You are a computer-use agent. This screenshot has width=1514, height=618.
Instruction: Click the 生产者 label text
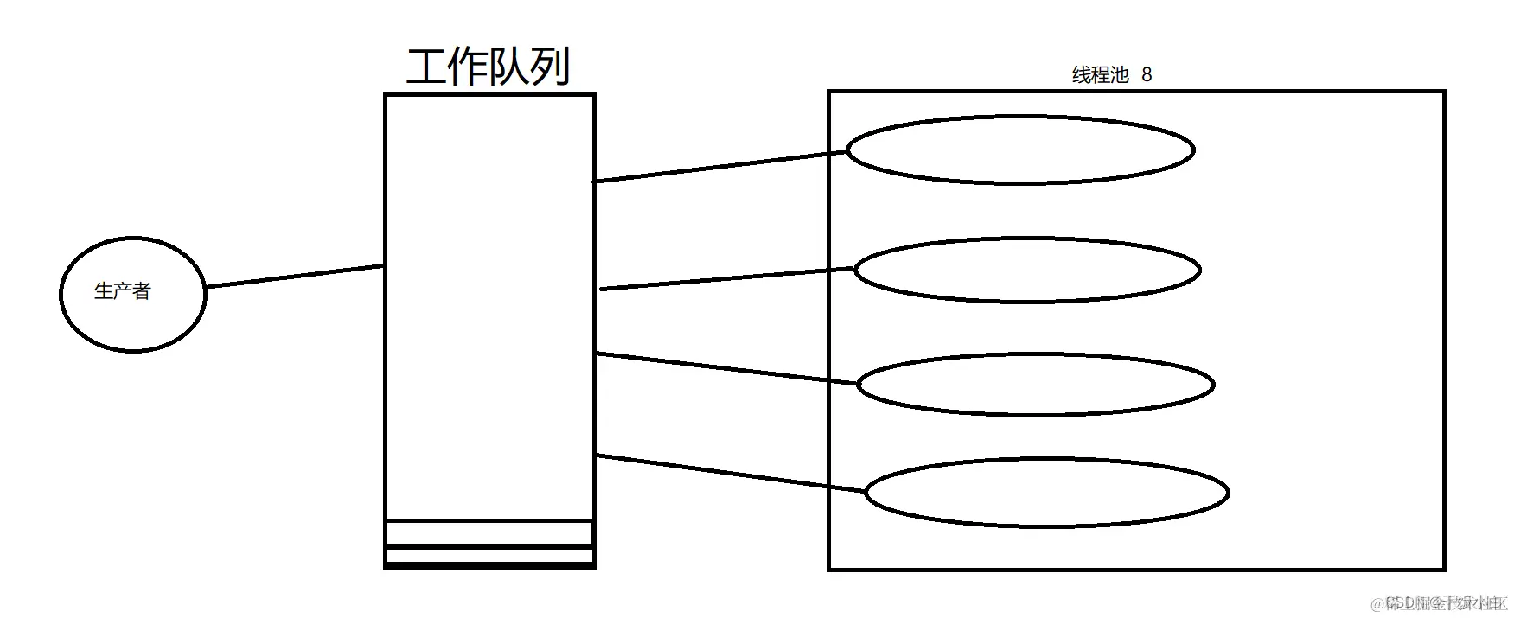tap(122, 291)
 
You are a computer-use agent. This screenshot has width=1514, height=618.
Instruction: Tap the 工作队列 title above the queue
tap(489, 67)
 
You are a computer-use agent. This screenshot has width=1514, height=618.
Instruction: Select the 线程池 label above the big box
tap(1101, 75)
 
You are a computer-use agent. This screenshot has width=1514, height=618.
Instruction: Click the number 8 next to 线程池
tap(1147, 75)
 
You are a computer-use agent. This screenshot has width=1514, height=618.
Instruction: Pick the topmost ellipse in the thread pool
tap(1020, 150)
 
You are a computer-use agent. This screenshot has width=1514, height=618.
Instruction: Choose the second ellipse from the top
tap(1027, 270)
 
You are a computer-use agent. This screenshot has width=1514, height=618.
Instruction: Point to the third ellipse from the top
tap(1036, 384)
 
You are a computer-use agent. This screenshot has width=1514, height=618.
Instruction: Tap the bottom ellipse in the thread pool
tap(1046, 492)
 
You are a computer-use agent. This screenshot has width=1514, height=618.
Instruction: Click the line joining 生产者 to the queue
tap(294, 277)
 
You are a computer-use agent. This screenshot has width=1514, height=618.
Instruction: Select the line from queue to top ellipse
tap(720, 167)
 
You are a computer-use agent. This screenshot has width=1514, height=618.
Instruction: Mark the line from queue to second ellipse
tap(726, 279)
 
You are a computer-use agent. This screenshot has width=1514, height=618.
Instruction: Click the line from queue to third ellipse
tap(726, 368)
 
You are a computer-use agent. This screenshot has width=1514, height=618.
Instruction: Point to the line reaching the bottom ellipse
tap(731, 474)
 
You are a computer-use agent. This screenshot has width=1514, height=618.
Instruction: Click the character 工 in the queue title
tap(426, 67)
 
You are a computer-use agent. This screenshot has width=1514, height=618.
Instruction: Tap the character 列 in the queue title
tap(550, 67)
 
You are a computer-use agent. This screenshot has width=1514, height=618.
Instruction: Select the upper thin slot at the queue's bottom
tap(489, 533)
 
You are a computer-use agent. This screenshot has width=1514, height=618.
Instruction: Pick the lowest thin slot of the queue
tap(489, 556)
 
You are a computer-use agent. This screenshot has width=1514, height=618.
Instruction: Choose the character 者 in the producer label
tap(141, 291)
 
